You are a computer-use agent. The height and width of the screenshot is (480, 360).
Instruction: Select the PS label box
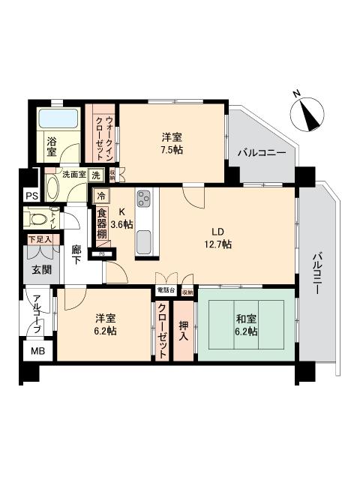click(31, 196)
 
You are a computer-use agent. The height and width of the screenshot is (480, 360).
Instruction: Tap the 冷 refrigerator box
click(101, 196)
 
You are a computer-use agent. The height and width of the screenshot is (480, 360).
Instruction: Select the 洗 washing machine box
click(96, 175)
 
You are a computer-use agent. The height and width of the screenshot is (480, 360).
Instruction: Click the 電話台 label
click(166, 289)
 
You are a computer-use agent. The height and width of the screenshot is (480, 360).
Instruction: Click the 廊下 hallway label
click(76, 256)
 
